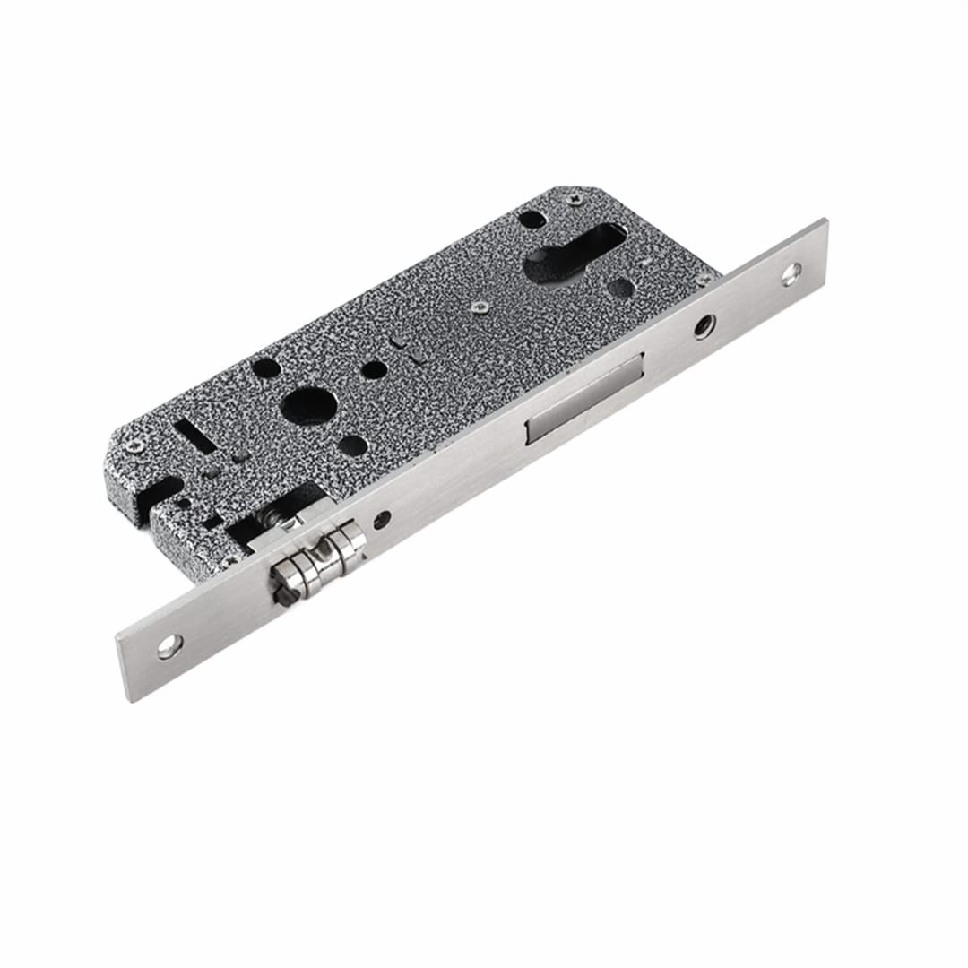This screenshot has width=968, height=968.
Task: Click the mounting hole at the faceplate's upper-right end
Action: coord(791,273)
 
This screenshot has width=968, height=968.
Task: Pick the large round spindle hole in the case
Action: coord(308,405)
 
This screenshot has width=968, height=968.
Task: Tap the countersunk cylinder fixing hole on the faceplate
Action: coord(704,326)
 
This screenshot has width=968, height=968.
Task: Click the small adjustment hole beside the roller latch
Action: coord(383,519)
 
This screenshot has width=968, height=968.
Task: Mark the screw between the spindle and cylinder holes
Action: coord(480,307)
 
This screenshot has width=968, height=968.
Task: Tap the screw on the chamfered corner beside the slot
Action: coord(136,445)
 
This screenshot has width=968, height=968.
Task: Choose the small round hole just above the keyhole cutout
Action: coord(532,219)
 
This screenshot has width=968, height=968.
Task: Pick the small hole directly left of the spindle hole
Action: coord(266,367)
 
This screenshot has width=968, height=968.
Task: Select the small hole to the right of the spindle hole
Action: coord(375,369)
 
